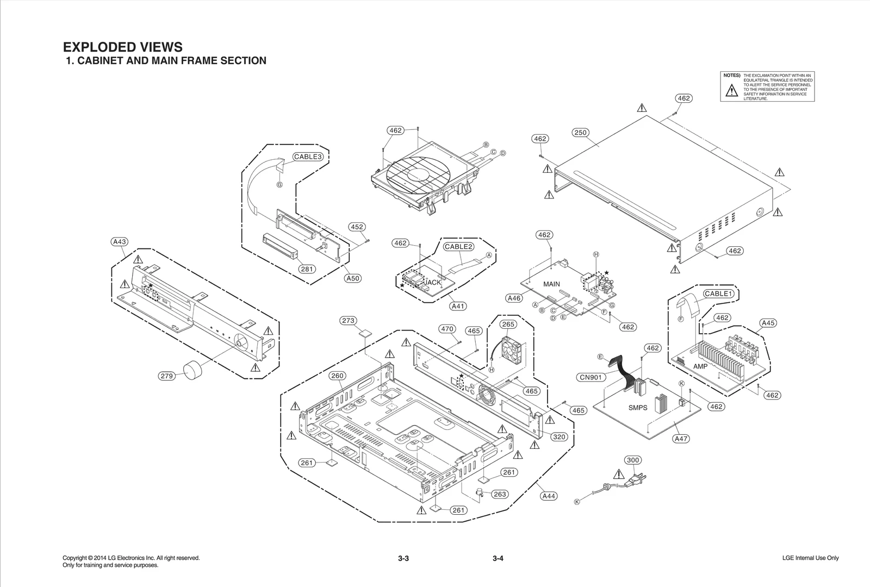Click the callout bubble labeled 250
[581, 133]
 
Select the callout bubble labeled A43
[119, 242]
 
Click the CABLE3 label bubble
[308, 157]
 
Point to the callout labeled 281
[307, 269]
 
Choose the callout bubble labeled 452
[357, 227]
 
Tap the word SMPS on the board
[638, 408]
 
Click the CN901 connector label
[591, 377]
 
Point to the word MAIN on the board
[551, 284]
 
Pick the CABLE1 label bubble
[719, 293]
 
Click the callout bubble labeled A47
[681, 439]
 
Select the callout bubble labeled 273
[348, 321]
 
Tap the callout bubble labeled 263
[499, 494]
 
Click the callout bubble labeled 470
[447, 329]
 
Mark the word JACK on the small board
[433, 283]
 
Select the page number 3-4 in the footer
[498, 558]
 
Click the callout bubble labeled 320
[559, 436]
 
